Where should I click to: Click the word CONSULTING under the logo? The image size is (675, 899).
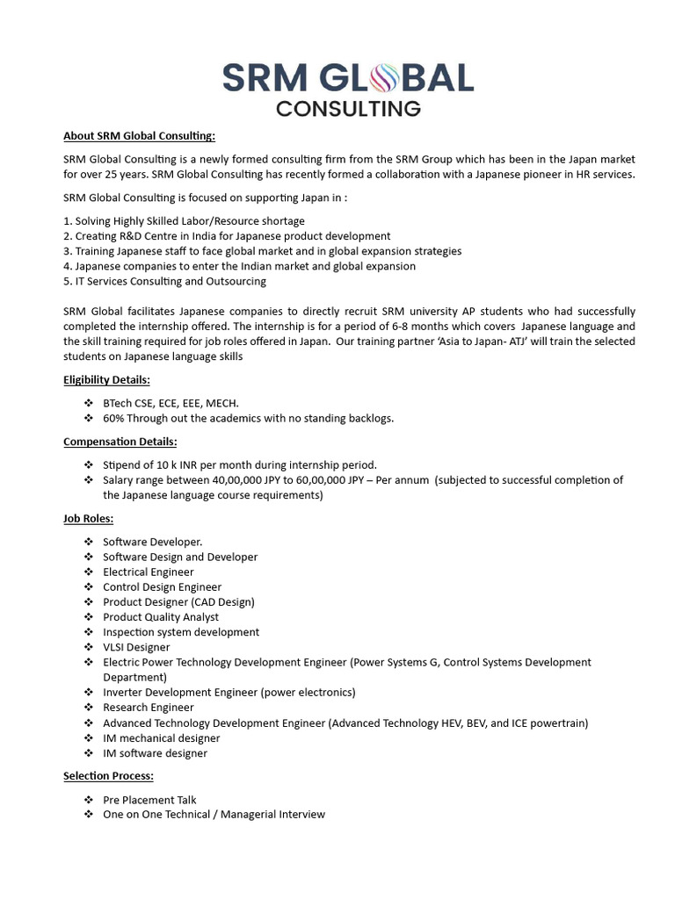348,109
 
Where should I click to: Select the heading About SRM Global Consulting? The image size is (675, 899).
139,136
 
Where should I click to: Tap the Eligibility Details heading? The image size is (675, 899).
106,380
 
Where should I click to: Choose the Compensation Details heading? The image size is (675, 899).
120,442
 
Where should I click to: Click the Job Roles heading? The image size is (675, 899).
88,519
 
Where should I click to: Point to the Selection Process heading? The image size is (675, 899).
108,776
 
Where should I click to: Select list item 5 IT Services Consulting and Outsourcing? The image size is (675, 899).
164,281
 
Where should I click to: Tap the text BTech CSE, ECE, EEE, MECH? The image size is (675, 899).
171,403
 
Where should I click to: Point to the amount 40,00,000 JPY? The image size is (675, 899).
250,480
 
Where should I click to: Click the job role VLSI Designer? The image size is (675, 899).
136,647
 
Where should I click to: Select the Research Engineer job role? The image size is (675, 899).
149,708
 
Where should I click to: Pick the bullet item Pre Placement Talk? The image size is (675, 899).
149,800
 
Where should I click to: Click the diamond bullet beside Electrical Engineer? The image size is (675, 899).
88,572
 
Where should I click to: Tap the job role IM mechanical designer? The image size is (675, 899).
162,738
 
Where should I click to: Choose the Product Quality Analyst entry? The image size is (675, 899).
161,617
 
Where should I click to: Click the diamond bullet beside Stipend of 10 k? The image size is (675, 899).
88,464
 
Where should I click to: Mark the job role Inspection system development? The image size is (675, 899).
181,632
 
